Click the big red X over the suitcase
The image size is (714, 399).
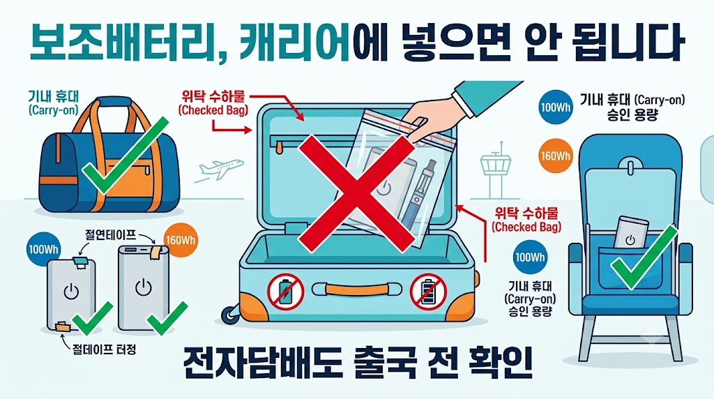(x=356, y=194)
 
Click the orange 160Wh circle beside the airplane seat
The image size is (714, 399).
(x=555, y=156)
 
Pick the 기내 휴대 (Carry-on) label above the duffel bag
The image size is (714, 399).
(x=53, y=103)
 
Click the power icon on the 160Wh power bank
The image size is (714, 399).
(x=144, y=287)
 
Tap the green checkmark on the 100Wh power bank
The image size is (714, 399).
(x=93, y=318)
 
